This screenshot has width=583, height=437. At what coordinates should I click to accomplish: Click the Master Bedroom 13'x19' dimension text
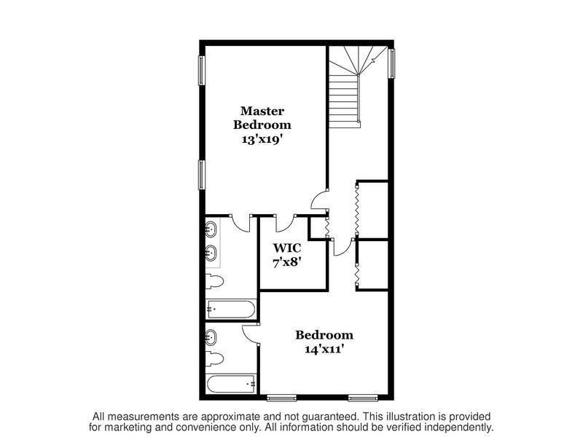[x=265, y=140]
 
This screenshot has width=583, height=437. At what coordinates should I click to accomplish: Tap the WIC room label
[x=287, y=248]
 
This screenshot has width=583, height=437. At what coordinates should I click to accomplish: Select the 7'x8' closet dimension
[x=287, y=263]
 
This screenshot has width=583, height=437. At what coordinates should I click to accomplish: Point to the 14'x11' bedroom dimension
[x=324, y=350]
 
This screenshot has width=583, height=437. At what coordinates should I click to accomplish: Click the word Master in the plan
[x=262, y=111]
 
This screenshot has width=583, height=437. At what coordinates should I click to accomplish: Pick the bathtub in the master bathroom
[x=231, y=309]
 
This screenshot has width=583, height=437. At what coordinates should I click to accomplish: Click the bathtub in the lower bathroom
[x=231, y=384]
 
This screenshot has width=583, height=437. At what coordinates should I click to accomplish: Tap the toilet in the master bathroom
[x=214, y=281]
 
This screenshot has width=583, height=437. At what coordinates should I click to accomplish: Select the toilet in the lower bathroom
[x=214, y=359]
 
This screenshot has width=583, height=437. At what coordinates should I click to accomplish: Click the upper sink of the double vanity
[x=211, y=229]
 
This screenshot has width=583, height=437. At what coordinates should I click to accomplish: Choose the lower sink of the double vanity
[x=211, y=253]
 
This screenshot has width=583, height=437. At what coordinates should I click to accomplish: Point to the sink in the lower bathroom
[x=211, y=337]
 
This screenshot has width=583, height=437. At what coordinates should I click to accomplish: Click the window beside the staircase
[x=391, y=63]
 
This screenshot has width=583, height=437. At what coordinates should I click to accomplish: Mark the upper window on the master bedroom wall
[x=202, y=70]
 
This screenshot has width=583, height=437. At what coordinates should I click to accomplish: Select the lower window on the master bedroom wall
[x=202, y=175]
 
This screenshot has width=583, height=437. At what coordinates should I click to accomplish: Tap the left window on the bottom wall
[x=282, y=398]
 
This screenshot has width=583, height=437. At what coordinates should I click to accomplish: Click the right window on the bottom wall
[x=363, y=398]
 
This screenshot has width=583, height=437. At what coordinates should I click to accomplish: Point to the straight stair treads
[x=343, y=101]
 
